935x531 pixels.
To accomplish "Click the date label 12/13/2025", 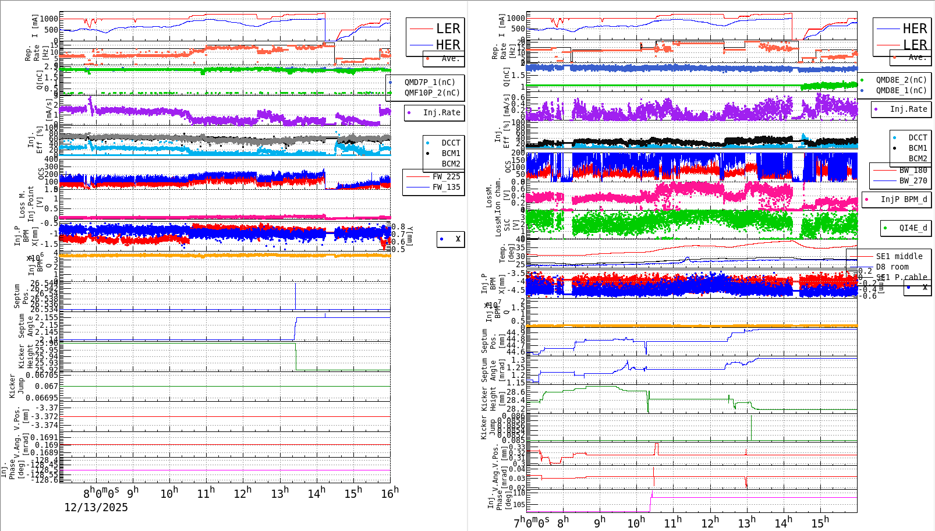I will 96,507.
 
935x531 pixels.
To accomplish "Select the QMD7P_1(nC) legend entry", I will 430,82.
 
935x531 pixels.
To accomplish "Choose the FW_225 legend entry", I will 446,176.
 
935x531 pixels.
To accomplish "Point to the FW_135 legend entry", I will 446,187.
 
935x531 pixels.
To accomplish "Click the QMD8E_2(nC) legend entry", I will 901,80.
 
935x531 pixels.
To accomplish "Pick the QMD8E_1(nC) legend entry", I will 901,90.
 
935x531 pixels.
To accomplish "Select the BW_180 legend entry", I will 913,170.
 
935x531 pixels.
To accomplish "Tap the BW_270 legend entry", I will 913,180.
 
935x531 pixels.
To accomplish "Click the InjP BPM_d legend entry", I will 904,199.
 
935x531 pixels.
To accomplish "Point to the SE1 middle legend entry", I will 899,256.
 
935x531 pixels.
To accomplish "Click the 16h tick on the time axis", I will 390,493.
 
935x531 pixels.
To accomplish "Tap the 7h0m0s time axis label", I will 532,522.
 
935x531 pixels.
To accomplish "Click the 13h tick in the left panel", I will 280,493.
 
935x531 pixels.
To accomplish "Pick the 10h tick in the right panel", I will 636,522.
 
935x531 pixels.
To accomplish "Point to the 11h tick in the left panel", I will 206,493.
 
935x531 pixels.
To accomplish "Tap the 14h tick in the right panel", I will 783,522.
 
